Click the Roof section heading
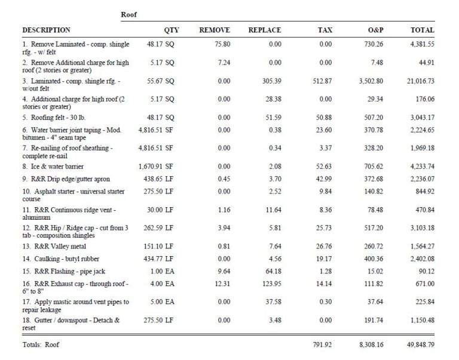[129, 14]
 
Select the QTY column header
[172, 30]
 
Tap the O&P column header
[375, 30]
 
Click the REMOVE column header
[215, 30]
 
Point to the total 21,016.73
[420, 81]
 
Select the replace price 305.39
[272, 81]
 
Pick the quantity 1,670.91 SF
[156, 167]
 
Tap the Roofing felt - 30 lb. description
[54, 118]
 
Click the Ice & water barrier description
[53, 167]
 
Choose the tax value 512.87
[322, 81]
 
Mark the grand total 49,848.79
[420, 344]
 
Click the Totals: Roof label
[41, 344]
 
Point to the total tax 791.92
[322, 344]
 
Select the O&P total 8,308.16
[371, 344]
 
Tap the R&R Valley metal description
[54, 246]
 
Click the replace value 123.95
[272, 284]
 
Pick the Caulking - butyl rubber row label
[61, 259]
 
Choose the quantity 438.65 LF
[158, 179]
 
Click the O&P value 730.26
[374, 44]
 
